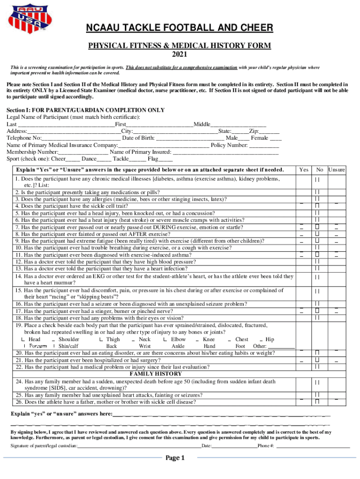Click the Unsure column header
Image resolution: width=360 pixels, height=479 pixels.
336,169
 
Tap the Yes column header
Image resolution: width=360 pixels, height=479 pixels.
303,169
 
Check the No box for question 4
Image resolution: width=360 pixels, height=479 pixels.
317,206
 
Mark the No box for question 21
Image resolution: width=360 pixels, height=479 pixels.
317,360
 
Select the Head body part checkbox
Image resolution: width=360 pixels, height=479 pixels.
23,340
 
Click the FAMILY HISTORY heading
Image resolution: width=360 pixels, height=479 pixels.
156,374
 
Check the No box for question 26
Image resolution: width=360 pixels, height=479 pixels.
317,401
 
